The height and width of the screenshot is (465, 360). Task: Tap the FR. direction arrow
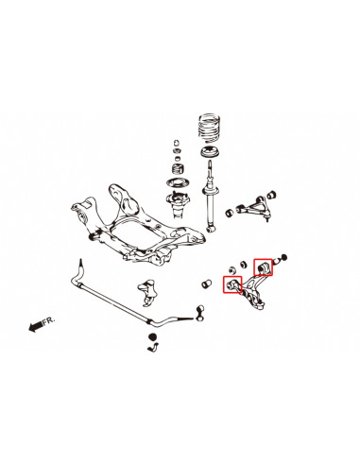coord(37,327)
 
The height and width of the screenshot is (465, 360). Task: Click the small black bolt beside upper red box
coord(285,257)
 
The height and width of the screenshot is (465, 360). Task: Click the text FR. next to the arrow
coord(50,320)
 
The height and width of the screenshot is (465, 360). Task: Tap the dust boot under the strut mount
coord(176,203)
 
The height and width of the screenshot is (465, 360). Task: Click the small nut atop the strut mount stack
coord(175,144)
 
